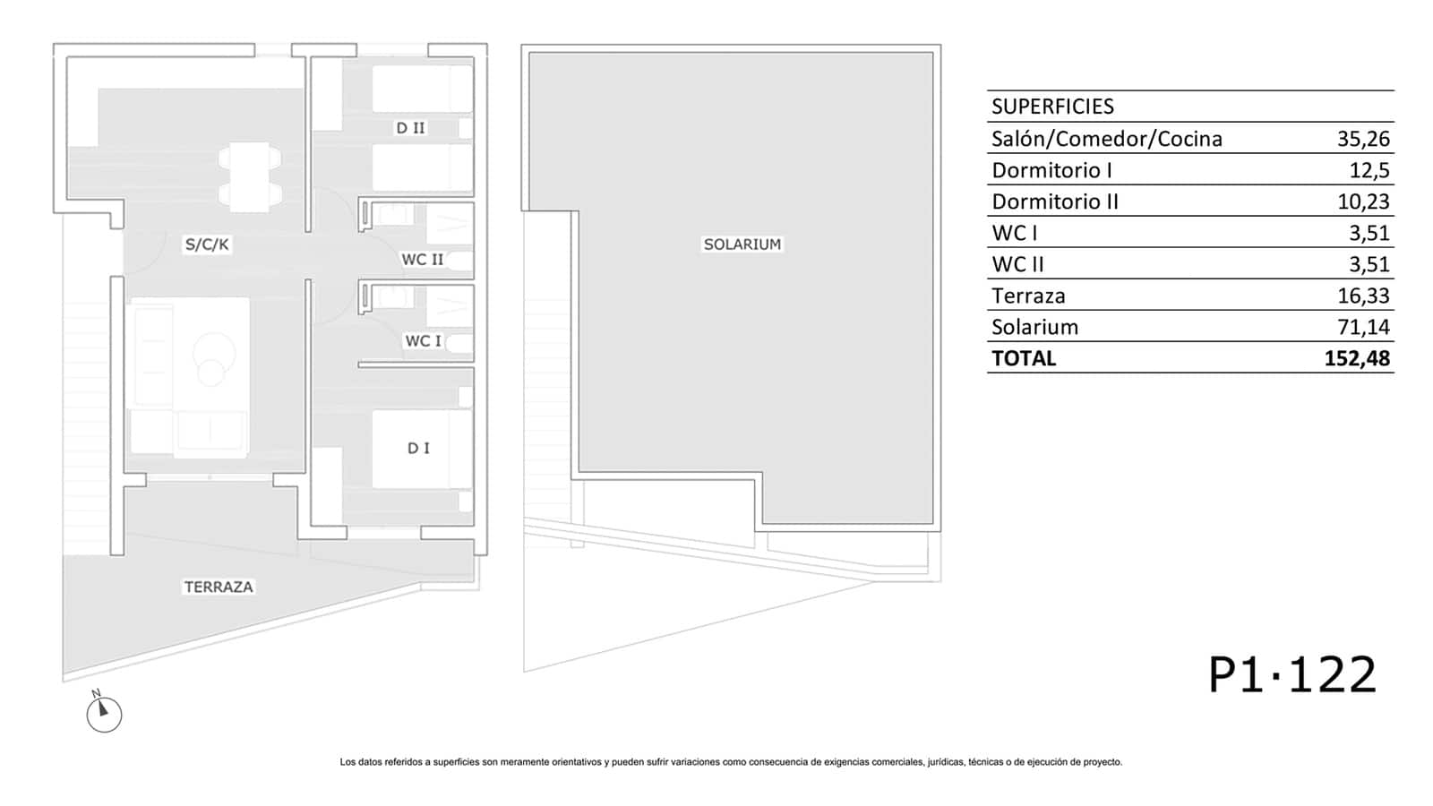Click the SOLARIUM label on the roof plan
[742, 244]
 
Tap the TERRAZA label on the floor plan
[219, 587]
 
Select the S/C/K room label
[207, 244]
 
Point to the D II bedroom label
[410, 128]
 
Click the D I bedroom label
[418, 449]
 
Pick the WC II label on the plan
[422, 260]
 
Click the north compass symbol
[104, 712]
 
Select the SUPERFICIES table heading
[1052, 107]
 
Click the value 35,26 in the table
[1363, 139]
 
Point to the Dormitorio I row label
[1051, 170]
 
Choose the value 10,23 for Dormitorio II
[1363, 201]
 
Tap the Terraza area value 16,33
[1363, 296]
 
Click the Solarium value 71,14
[1363, 327]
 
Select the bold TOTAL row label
[1024, 358]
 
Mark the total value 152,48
[1357, 358]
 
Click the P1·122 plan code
[1292, 675]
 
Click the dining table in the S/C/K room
[250, 177]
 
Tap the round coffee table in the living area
[214, 353]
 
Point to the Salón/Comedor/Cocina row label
[1107, 139]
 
